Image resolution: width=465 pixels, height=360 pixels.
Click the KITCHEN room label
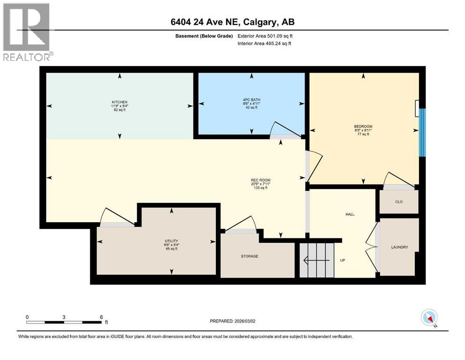pyautogui.click(x=119, y=102)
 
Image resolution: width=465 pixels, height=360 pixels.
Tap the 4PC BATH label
pyautogui.click(x=251, y=99)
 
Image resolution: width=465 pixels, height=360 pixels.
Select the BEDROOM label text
pyautogui.click(x=363, y=127)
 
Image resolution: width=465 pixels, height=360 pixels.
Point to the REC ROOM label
pyautogui.click(x=261, y=180)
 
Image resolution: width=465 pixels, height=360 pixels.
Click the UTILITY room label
pyautogui.click(x=171, y=240)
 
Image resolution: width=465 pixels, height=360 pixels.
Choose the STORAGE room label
pyautogui.click(x=250, y=256)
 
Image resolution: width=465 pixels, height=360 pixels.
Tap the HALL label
pyautogui.click(x=350, y=214)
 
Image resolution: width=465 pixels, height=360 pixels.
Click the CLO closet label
pyautogui.click(x=399, y=202)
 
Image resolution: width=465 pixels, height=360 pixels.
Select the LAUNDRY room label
pyautogui.click(x=399, y=247)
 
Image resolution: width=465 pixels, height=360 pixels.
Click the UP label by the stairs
pyautogui.click(x=342, y=260)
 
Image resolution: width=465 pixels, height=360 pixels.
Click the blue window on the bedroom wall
pyautogui.click(x=422, y=132)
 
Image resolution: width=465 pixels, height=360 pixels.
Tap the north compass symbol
pyautogui.click(x=429, y=318)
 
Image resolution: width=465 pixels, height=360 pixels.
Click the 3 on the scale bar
pyautogui.click(x=64, y=317)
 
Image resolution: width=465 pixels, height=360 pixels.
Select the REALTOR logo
pyautogui.click(x=27, y=32)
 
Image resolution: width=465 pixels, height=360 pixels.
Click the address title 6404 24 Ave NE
pyautogui.click(x=232, y=22)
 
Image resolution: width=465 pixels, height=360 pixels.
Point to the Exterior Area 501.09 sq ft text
pyautogui.click(x=265, y=36)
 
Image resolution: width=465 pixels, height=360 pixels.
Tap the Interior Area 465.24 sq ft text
pyautogui.click(x=264, y=43)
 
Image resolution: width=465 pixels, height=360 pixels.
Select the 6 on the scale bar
pyautogui.click(x=101, y=317)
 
